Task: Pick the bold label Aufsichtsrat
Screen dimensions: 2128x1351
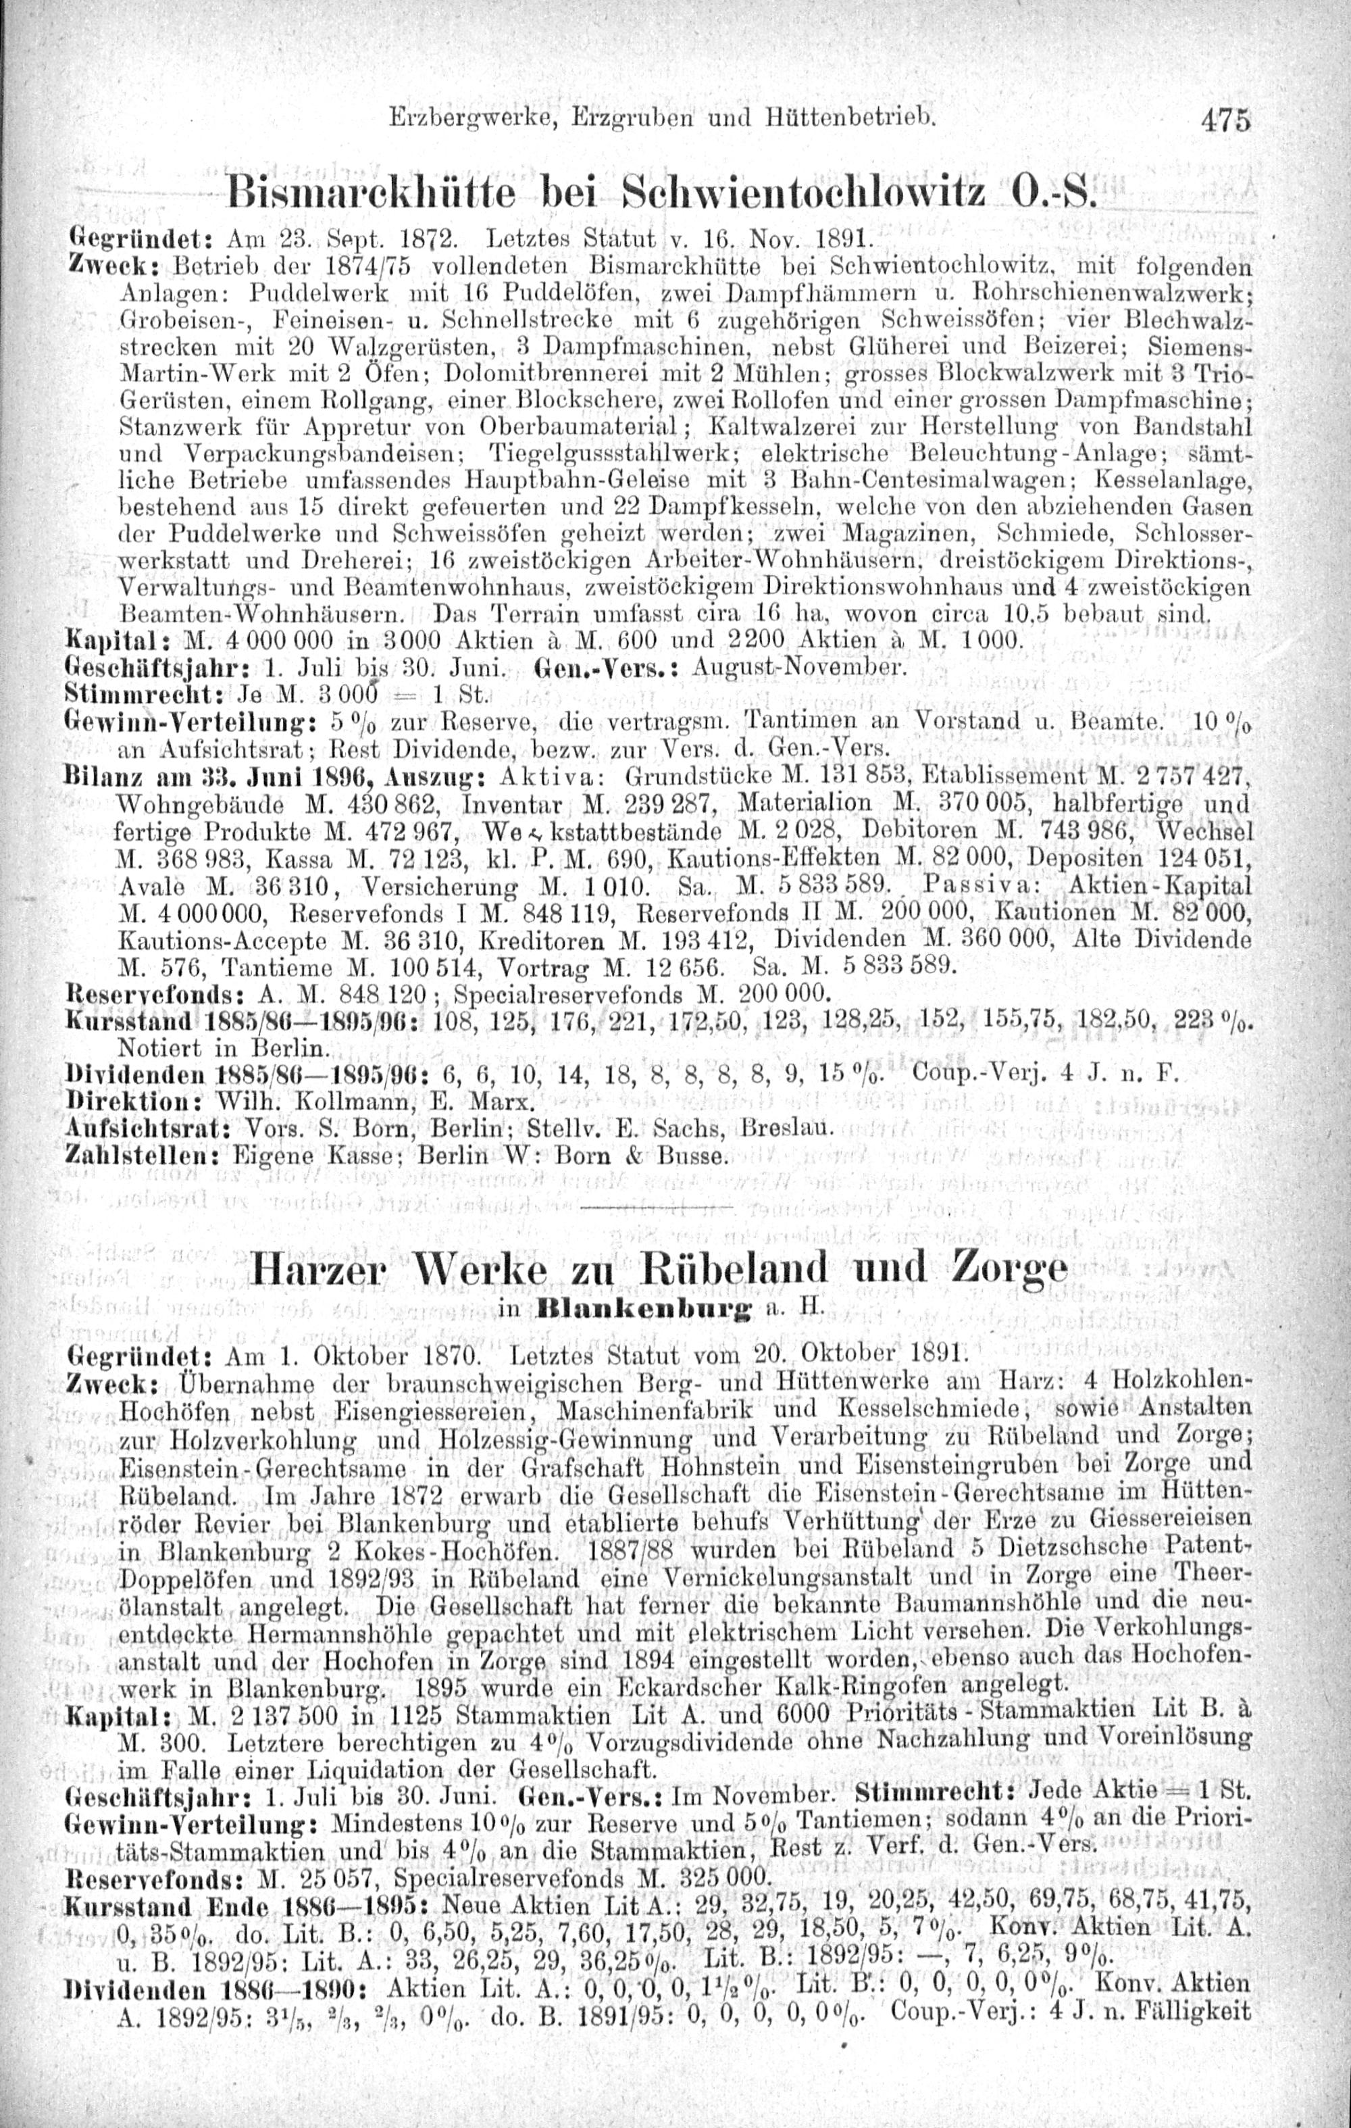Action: pyautogui.click(x=145, y=1129)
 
